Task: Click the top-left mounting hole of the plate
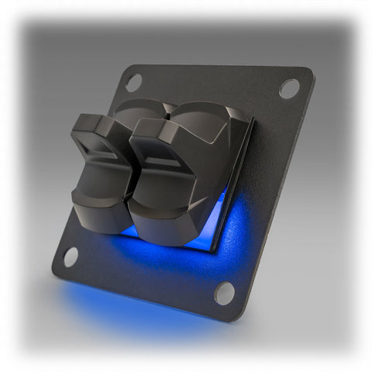click(133, 81)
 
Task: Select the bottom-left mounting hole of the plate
click(70, 257)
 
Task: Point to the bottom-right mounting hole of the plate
click(223, 292)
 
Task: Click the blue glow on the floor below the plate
click(124, 310)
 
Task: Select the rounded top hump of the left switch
click(143, 108)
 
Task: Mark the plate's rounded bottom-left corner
click(56, 271)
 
